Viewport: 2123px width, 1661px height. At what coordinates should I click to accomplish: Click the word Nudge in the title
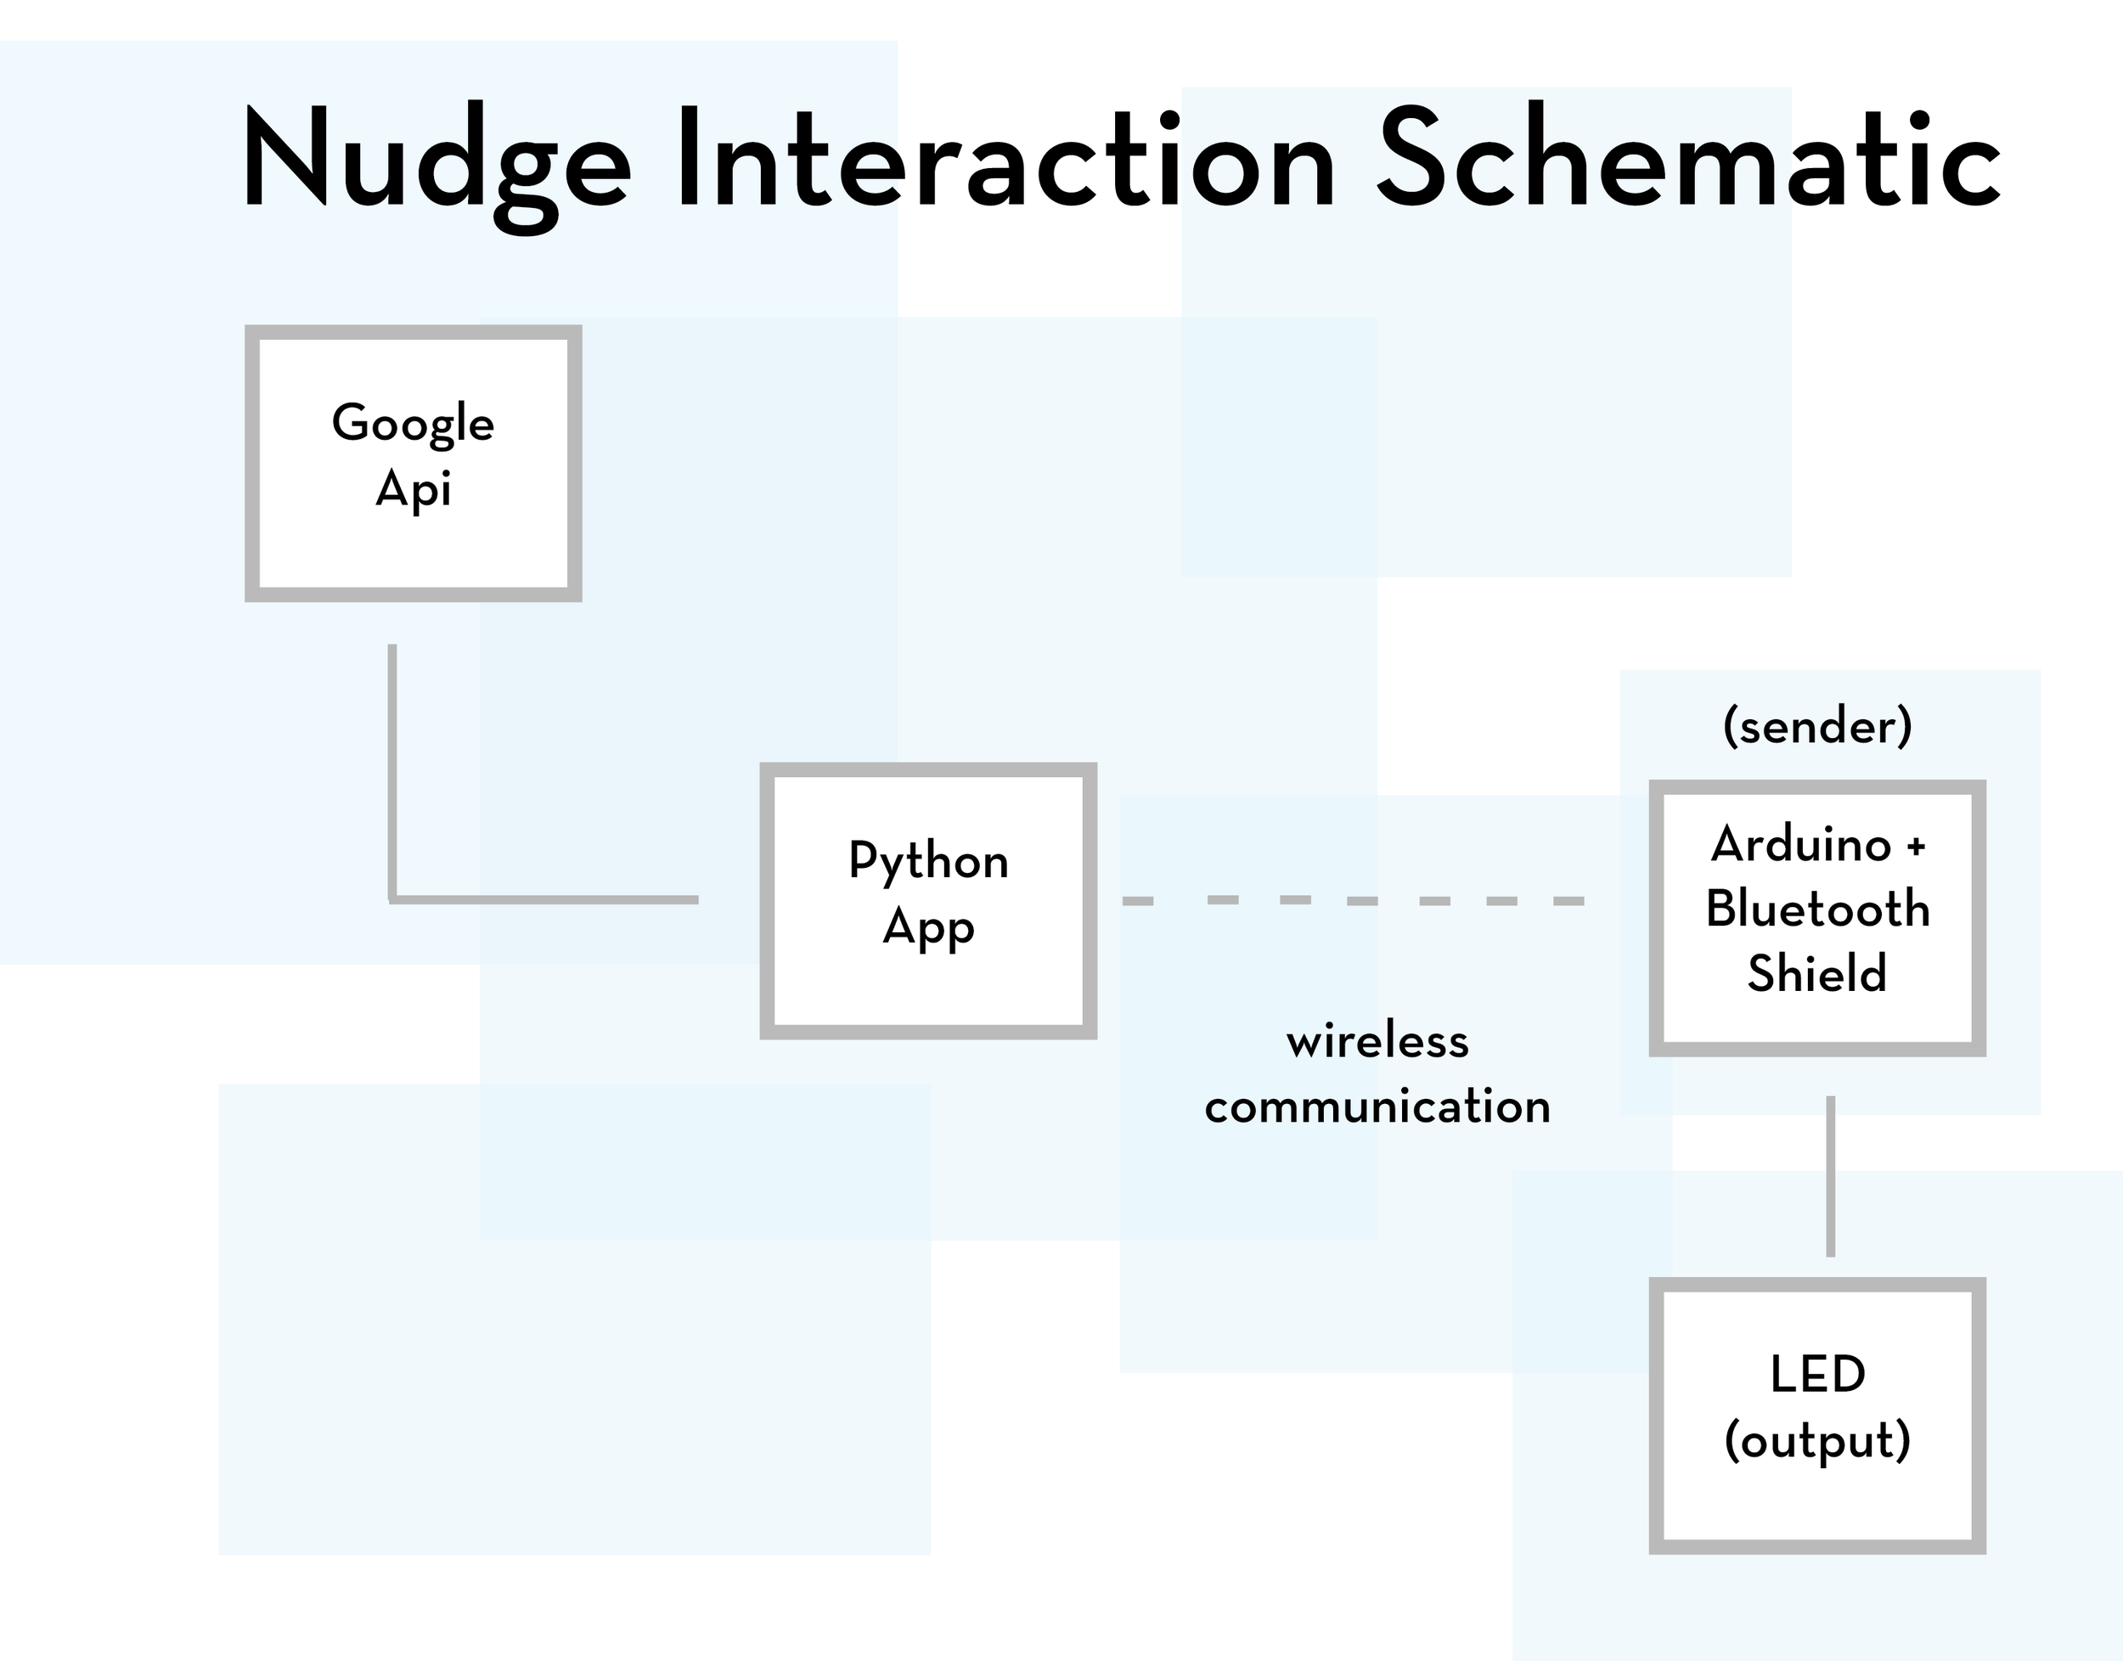(x=436, y=160)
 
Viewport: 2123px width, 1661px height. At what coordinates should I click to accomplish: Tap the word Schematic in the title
(x=1688, y=160)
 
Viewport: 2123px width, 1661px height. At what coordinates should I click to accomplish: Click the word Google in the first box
(x=413, y=424)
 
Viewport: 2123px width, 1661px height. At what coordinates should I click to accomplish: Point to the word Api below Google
(x=414, y=489)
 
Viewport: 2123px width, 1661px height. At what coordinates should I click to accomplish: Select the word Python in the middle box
(x=928, y=863)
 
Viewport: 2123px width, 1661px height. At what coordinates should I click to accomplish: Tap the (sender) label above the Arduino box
(x=1816, y=726)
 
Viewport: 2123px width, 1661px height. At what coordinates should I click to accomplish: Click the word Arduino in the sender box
(x=1801, y=844)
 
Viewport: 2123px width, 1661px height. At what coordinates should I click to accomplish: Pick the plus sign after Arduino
(x=1916, y=846)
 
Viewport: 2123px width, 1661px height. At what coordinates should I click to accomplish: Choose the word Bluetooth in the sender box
(x=1816, y=909)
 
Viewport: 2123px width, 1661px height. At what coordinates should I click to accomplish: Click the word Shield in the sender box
(x=1816, y=973)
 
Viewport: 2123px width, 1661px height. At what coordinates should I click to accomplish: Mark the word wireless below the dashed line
(x=1377, y=1042)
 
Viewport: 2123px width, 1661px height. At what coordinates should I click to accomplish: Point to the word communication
(x=1377, y=1106)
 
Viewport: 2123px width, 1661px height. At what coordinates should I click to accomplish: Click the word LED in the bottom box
(x=1816, y=1375)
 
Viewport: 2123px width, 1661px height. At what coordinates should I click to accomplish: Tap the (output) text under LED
(x=1816, y=1441)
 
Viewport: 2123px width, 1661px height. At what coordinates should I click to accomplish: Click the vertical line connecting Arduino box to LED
(x=1830, y=1176)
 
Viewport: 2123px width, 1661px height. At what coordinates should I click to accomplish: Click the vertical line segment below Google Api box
(x=392, y=769)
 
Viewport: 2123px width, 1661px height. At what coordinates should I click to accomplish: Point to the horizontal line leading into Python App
(x=544, y=899)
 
